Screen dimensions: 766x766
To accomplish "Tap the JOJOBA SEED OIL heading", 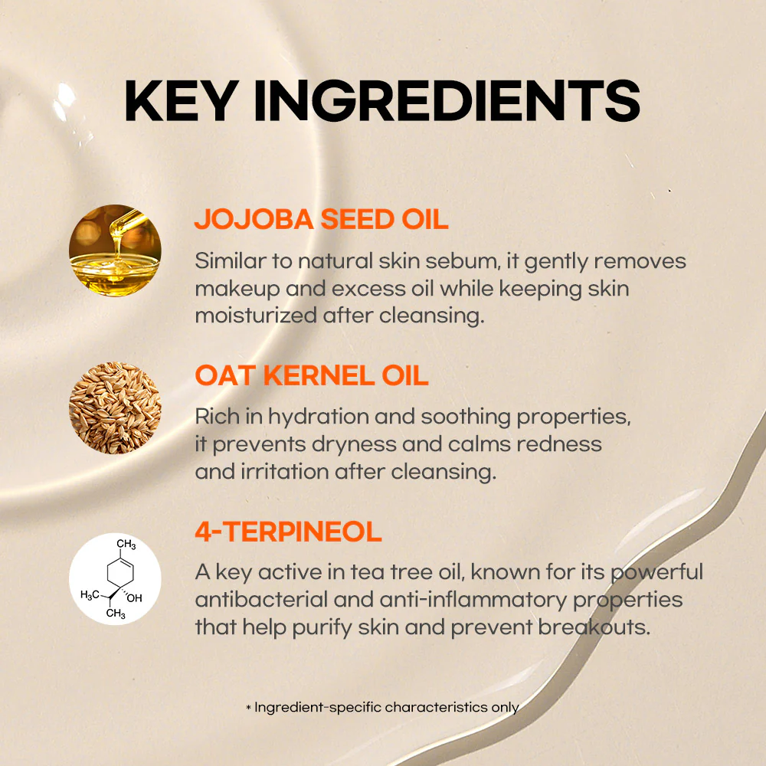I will [321, 219].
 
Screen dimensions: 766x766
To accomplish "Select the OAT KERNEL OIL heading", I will [311, 376].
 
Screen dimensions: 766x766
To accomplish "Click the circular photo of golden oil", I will [115, 250].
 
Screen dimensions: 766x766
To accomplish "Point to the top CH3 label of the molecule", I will [126, 545].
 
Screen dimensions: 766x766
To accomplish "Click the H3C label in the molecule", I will [90, 596].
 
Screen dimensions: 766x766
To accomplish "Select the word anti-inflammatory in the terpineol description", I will [439, 600].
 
